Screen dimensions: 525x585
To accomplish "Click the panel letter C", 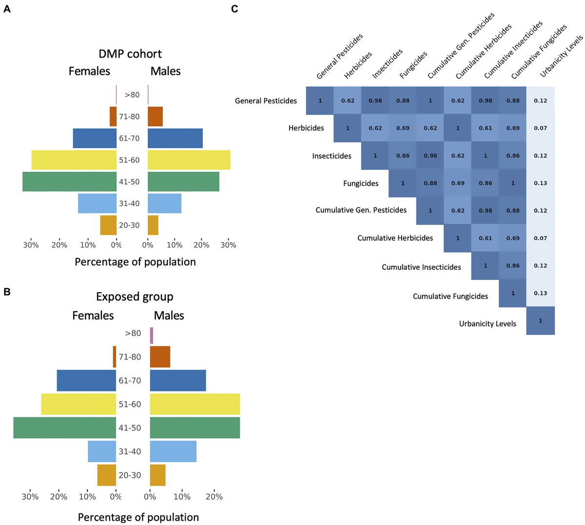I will point(234,8).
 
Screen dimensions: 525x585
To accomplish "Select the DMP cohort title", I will point(130,54).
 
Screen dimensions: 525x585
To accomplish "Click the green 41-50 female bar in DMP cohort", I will point(69,182).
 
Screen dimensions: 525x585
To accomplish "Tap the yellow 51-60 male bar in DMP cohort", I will point(189,160).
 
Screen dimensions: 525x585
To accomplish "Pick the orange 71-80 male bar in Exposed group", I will point(160,357).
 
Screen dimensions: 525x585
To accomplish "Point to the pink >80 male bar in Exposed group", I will point(152,336).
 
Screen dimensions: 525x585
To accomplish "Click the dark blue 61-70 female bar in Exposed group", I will point(86,380).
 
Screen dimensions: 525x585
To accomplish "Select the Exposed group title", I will point(135,297).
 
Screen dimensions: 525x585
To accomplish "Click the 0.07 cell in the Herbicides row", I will point(540,128).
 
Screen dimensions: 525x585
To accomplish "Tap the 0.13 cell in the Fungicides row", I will point(540,183).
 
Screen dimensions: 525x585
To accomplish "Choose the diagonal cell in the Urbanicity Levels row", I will point(540,320).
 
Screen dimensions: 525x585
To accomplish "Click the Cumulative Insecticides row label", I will point(421,267).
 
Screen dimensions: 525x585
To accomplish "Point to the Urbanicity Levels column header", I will point(561,56).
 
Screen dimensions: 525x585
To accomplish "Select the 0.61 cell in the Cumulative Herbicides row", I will point(485,238).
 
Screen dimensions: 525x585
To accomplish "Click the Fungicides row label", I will point(361,184).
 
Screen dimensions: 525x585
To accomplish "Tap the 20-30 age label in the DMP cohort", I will point(129,225).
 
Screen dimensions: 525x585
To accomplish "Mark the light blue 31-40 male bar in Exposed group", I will point(173,451).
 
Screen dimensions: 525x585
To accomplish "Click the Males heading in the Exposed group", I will point(169,316).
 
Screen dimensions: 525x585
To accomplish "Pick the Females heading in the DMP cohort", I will point(89,71).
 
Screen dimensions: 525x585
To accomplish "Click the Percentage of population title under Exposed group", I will point(138,517).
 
